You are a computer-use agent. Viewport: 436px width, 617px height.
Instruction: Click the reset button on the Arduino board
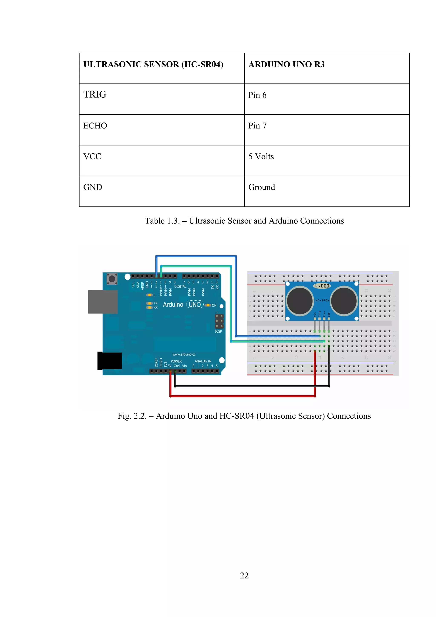click(112, 279)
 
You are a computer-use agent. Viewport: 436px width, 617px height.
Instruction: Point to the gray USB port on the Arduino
click(103, 301)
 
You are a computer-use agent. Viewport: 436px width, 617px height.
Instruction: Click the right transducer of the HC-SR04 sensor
click(344, 300)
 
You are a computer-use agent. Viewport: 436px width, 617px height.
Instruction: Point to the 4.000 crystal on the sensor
click(322, 286)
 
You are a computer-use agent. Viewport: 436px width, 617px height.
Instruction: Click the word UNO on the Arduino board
click(195, 304)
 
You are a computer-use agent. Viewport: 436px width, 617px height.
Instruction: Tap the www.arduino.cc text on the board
click(184, 355)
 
